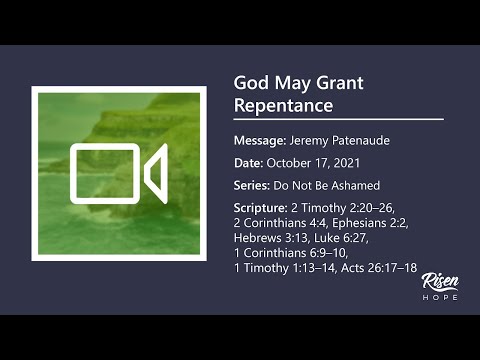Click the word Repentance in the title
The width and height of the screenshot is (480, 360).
click(x=283, y=104)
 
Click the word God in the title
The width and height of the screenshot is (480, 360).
click(x=250, y=83)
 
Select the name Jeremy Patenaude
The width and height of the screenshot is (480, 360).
click(x=341, y=140)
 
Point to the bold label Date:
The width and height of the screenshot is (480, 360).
click(x=248, y=163)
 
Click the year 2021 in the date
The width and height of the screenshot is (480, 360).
click(x=341, y=163)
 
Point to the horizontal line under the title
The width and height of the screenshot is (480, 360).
click(x=338, y=119)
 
